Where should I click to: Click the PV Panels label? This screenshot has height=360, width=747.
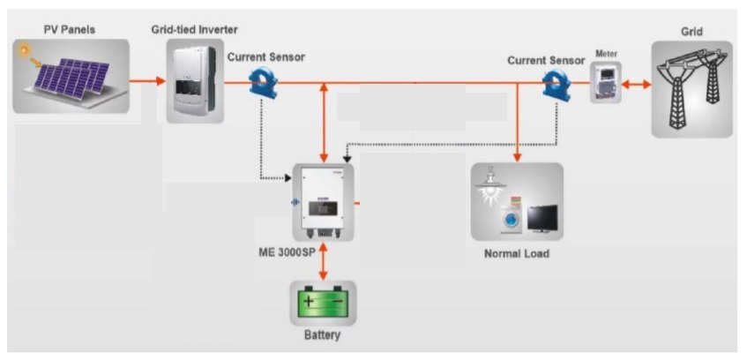70,30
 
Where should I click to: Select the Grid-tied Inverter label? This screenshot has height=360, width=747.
194,30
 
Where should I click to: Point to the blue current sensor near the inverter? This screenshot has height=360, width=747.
264,82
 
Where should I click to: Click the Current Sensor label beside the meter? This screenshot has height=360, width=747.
545,60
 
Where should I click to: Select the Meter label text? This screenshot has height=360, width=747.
607,54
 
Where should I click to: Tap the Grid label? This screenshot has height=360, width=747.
691,31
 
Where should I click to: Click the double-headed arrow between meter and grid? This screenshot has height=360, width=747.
636,85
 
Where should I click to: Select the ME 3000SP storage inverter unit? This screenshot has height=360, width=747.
323,202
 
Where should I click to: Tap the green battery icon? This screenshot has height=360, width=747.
323,304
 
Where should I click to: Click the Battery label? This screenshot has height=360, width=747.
322,336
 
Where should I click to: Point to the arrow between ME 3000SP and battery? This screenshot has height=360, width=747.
324,261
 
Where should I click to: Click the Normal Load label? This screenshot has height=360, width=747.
517,254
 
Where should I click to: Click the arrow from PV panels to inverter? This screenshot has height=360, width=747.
147,82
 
